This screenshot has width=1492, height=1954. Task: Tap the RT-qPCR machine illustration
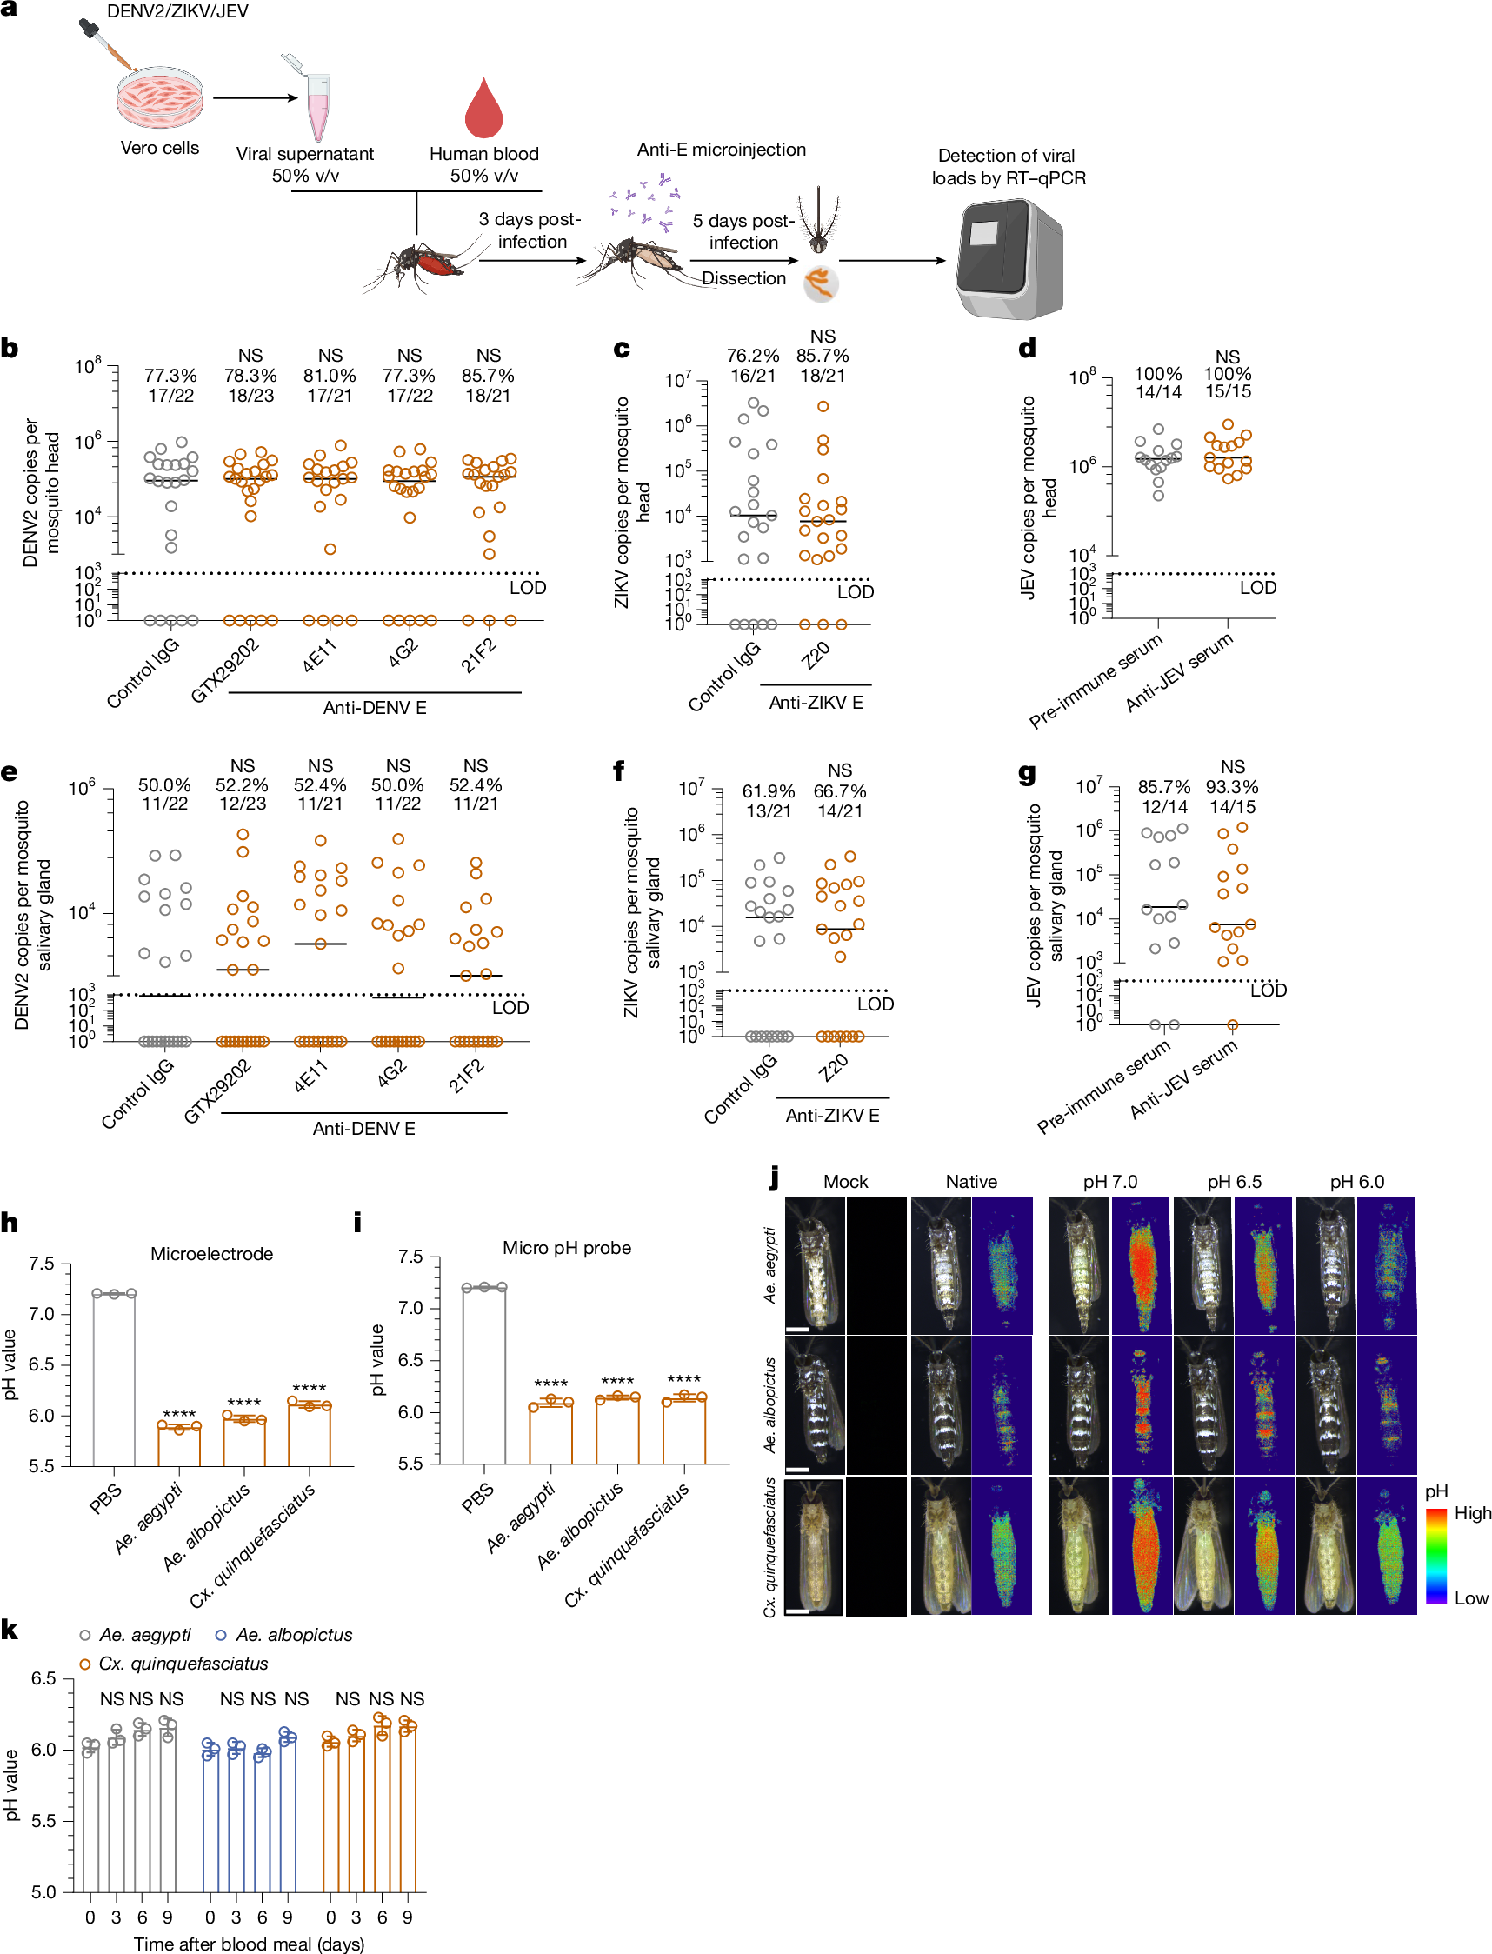1009,258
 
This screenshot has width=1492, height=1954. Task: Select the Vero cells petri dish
160,97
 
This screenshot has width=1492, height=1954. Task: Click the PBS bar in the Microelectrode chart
114,1379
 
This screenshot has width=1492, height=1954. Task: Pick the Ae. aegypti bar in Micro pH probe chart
550,1433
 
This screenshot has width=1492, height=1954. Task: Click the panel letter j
776,1178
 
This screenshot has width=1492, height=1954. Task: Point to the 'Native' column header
970,1181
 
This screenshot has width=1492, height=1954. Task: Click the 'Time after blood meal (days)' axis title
249,1944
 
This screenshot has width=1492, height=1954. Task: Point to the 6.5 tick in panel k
43,1678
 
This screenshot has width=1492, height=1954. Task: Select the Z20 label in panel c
816,656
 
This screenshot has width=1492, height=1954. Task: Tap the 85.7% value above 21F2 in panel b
489,376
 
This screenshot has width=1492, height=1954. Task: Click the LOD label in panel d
1257,588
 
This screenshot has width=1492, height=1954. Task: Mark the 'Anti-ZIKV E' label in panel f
832,1116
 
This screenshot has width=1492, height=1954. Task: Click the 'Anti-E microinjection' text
721,150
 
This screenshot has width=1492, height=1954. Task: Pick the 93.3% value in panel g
1232,788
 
